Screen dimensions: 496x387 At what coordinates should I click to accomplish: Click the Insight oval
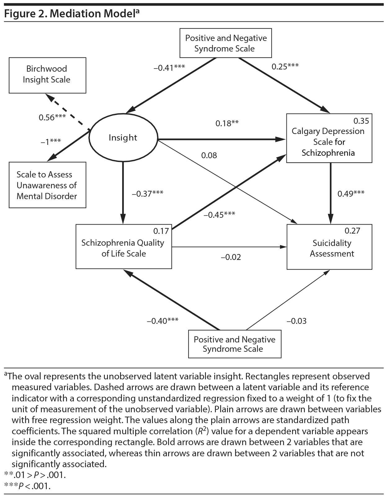[123, 138]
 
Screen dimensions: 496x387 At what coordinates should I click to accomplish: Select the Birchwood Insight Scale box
[47, 75]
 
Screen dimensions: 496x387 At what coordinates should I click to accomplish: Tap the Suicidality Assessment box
[329, 247]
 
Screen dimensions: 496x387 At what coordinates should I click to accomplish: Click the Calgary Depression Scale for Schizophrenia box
[329, 138]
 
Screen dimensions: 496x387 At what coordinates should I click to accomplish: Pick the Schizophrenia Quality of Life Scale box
[124, 247]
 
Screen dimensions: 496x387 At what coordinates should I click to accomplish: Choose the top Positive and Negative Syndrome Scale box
[225, 43]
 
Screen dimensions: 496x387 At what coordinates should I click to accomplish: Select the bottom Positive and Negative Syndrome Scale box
[234, 344]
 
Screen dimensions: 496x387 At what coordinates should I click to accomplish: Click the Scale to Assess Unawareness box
[47, 185]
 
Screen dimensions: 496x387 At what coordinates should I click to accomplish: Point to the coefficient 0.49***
[351, 194]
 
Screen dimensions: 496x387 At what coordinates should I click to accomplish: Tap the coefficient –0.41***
[169, 68]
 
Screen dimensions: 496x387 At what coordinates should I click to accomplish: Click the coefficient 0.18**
[227, 123]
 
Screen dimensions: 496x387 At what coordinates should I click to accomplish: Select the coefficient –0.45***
[219, 215]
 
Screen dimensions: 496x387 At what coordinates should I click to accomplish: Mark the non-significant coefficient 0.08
[209, 155]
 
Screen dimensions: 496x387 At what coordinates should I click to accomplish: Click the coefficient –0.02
[231, 257]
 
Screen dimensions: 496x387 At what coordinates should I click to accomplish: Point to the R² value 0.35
[361, 121]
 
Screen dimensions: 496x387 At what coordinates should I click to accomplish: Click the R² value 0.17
[161, 231]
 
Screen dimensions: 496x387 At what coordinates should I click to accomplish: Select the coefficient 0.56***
[52, 118]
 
